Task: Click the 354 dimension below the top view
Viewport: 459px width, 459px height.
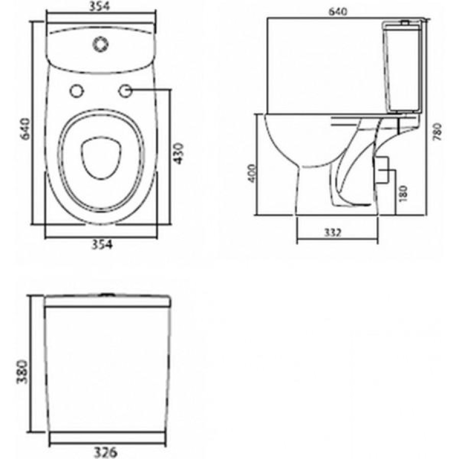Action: coord(102,244)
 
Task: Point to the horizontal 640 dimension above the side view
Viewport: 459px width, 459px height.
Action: coord(338,12)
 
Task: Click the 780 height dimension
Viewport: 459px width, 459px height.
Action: coord(437,132)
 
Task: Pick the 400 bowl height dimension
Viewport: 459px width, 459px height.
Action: coord(252,173)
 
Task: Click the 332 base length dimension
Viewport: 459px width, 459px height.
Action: coord(333,233)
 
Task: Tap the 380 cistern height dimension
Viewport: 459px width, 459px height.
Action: coord(22,372)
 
